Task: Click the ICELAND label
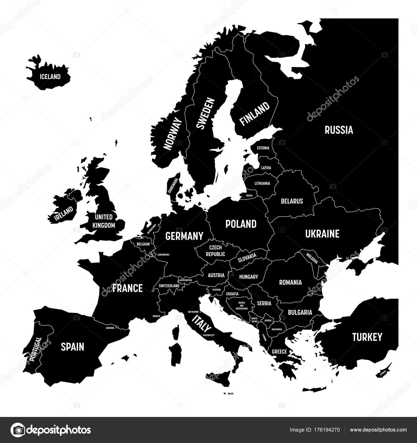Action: pyautogui.click(x=50, y=77)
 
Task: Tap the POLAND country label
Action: pyautogui.click(x=241, y=224)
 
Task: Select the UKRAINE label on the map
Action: pyautogui.click(x=322, y=234)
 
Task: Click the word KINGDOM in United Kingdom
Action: pyautogui.click(x=103, y=225)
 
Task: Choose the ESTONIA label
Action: pyautogui.click(x=263, y=148)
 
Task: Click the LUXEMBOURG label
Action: pyautogui.click(x=163, y=255)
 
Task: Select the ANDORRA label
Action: pyautogui.click(x=110, y=328)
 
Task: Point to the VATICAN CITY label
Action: pyautogui.click(x=208, y=335)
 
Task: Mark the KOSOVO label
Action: pyautogui.click(x=268, y=321)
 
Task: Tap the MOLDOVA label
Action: pyautogui.click(x=312, y=258)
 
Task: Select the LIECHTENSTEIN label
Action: pyautogui.click(x=185, y=280)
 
